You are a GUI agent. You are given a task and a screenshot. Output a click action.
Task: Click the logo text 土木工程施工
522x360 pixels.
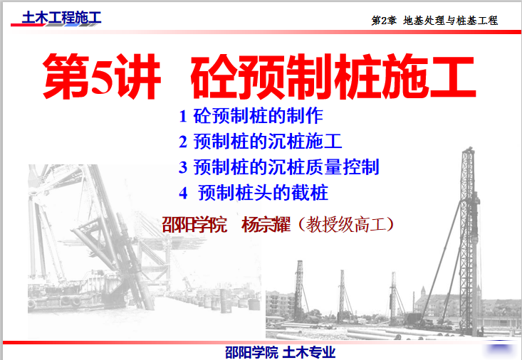tap(61, 18)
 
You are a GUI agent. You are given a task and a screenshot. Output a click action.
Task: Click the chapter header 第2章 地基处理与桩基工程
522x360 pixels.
tap(434, 21)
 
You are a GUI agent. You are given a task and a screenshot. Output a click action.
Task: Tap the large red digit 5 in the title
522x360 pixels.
tap(103, 77)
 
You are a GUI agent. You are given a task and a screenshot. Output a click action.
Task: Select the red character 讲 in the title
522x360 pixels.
tap(138, 77)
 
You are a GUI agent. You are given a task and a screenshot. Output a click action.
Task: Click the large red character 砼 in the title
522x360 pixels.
tap(215, 77)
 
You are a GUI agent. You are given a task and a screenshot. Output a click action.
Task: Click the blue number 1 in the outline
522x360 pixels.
tap(183, 116)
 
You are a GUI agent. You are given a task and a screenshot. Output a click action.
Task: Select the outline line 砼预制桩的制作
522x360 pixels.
tap(258, 116)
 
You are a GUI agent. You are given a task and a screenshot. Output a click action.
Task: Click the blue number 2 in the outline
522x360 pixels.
tap(183, 142)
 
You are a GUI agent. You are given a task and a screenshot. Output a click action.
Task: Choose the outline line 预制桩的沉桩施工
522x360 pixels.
tap(268, 142)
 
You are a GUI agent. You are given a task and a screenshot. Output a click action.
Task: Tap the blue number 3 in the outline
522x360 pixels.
tap(183, 167)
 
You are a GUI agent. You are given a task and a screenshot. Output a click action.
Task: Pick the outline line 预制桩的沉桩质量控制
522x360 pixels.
tap(286, 167)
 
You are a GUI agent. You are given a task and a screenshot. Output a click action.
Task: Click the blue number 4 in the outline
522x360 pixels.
tap(183, 193)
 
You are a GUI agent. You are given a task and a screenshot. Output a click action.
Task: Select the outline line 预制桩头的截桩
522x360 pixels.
tap(263, 193)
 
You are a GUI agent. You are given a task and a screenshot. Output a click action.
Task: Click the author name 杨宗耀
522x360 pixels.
tap(266, 225)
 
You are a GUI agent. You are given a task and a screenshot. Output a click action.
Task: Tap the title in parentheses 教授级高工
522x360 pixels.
tap(346, 225)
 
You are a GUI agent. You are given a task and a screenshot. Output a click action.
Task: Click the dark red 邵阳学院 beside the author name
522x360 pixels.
tap(194, 225)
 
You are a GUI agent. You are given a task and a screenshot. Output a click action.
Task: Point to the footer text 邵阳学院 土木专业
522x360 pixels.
tap(281, 352)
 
